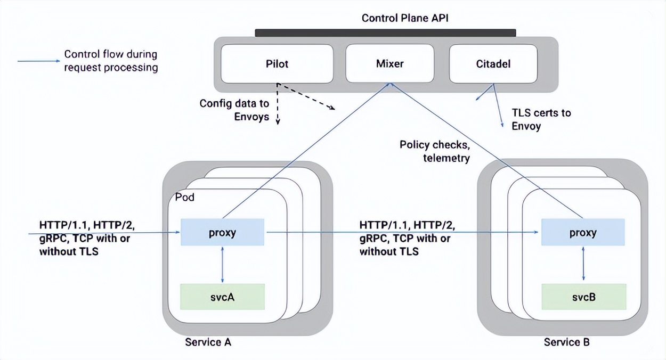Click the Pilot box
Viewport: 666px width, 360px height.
tap(277, 64)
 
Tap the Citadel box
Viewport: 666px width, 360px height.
tap(493, 64)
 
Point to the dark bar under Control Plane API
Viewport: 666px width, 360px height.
tap(385, 33)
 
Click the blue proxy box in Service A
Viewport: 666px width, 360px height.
tap(222, 233)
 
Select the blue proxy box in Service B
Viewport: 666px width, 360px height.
tap(583, 233)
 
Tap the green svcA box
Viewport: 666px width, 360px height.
tap(222, 297)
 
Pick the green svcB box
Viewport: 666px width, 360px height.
tap(583, 297)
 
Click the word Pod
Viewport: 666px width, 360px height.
tap(185, 198)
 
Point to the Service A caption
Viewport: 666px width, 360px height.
tap(208, 342)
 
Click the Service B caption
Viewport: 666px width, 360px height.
tap(567, 342)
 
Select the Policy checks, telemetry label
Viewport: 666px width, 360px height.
tap(435, 151)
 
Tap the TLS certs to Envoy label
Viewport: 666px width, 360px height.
tap(541, 119)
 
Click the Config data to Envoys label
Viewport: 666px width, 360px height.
tap(234, 110)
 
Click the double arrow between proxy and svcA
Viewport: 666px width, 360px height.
tap(222, 265)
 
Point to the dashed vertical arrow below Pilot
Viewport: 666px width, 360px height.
tap(278, 107)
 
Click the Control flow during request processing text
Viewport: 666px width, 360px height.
tap(111, 61)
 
